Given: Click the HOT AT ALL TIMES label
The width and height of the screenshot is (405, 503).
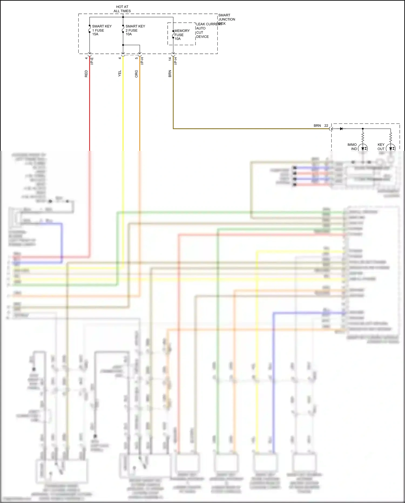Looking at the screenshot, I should pos(122,9).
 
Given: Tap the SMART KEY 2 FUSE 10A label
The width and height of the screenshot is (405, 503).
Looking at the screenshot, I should pos(135,30).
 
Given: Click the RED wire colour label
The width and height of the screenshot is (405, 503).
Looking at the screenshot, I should pos(86,74).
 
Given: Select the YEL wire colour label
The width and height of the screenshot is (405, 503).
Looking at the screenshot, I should pos(120,74).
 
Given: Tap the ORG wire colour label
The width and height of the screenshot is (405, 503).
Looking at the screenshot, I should pos(136,74).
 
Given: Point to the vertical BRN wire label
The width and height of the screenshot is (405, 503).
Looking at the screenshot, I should pos(170,74).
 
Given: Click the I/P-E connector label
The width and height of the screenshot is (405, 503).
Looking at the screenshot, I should pos(92,61).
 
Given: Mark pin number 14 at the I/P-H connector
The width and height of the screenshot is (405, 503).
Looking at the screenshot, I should pos(170,59).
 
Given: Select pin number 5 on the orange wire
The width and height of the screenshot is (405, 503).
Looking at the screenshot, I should pos(137,58).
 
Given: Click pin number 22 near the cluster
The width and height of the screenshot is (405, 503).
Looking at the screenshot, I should pos(326,126).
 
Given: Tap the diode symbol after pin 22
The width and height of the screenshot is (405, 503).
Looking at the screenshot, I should pos(341,129).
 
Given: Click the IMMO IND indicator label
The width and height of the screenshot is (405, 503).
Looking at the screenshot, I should pos(352,147).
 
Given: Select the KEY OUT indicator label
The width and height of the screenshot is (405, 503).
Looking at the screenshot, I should pos(381,147).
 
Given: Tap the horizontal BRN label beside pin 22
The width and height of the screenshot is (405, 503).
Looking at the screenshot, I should pos(317,126).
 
